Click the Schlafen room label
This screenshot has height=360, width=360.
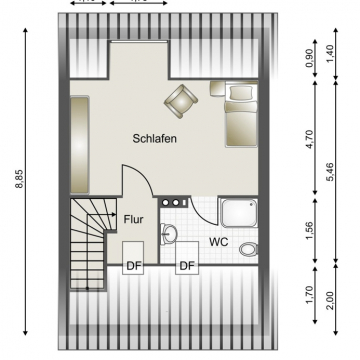point(154,139)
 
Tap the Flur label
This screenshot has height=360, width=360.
point(132,216)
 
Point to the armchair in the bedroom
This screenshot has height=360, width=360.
point(181,100)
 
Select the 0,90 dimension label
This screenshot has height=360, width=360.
point(307,58)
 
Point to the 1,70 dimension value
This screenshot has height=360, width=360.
point(307,295)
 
